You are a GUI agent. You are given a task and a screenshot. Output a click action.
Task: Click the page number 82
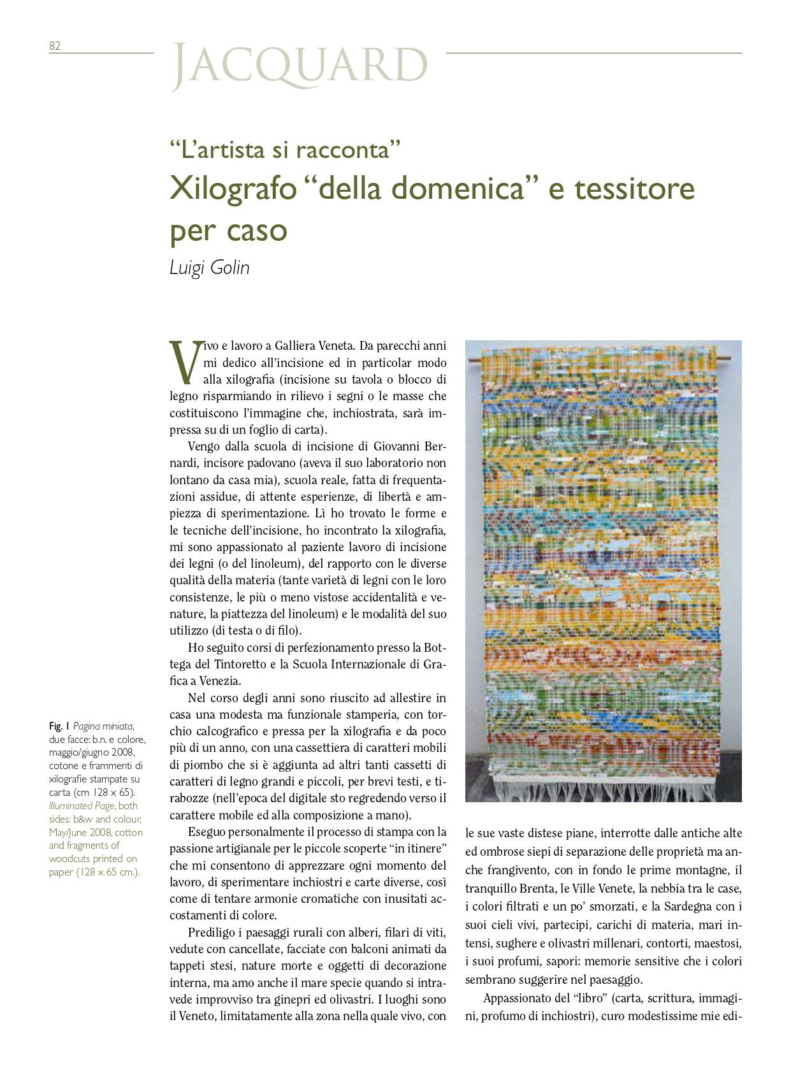pyautogui.click(x=54, y=46)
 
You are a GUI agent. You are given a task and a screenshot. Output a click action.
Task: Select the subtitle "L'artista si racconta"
pyautogui.click(x=284, y=150)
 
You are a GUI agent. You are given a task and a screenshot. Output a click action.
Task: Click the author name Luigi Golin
pyautogui.click(x=210, y=268)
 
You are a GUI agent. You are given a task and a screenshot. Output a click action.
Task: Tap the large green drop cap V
pyautogui.click(x=184, y=361)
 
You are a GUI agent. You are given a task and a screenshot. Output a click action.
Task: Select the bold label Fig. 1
pyautogui.click(x=59, y=726)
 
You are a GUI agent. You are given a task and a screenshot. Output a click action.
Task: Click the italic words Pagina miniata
pyautogui.click(x=103, y=726)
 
